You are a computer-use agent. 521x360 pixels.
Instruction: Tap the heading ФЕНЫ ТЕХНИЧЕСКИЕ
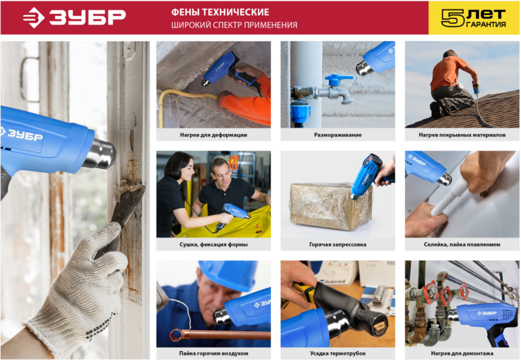pos(220,12)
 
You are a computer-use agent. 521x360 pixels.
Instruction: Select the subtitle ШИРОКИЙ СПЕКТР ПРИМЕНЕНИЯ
pos(234,25)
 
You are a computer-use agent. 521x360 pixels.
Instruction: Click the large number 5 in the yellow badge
pos(452,18)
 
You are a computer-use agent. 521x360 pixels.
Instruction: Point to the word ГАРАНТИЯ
pos(486,24)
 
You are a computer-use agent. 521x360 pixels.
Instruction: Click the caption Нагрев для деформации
pos(213,135)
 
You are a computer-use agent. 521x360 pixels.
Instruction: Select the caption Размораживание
pos(338,135)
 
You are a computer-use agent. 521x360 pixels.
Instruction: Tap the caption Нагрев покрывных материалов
pos(462,135)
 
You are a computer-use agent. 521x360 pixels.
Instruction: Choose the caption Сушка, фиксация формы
pos(213,244)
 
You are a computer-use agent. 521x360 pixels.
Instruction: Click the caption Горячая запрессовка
pos(338,244)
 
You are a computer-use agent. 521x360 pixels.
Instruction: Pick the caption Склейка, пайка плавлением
pos(462,244)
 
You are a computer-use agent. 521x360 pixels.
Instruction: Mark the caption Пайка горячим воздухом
pos(213,353)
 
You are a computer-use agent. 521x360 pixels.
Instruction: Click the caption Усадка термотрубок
pos(338,353)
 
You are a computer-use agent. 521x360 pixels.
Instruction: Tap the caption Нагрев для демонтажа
pos(462,353)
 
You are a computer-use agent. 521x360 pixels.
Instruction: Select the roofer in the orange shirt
pos(452,84)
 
